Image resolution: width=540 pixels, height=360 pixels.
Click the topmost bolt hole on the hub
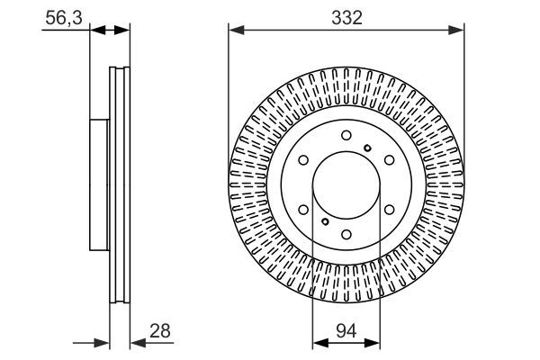[x=346, y=135]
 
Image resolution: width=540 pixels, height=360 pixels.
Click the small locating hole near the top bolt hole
[x=366, y=148]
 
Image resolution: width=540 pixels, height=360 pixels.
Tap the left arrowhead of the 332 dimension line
[x=233, y=31]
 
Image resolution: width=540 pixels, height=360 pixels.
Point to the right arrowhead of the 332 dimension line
[x=460, y=31]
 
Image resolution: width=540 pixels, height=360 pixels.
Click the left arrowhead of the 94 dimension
[x=317, y=343]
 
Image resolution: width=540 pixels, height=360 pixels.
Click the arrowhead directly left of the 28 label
[x=136, y=343]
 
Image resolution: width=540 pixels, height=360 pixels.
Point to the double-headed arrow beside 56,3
[x=110, y=31]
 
